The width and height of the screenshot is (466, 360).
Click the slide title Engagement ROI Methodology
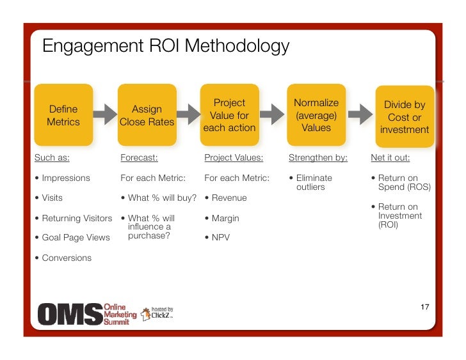click(165, 47)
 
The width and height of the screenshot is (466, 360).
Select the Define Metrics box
click(63, 116)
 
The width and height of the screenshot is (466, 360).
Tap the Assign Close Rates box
click(147, 116)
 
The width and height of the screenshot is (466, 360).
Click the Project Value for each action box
click(229, 115)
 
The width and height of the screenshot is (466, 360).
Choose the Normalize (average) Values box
click(316, 115)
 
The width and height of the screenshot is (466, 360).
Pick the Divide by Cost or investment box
click(405, 117)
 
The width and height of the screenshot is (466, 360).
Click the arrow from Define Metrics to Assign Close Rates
click(105, 116)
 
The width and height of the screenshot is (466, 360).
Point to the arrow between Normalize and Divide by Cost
click(360, 115)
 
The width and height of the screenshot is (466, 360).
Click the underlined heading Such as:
click(52, 157)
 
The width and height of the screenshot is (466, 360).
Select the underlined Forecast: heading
click(139, 157)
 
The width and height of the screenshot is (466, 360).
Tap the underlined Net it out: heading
click(390, 157)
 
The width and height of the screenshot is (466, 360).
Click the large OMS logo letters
click(69, 314)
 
